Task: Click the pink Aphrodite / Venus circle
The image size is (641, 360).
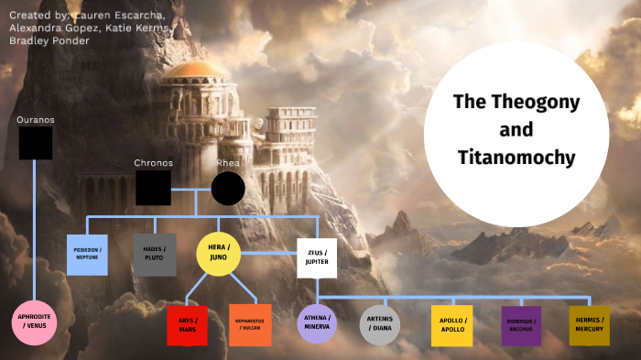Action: [34, 322]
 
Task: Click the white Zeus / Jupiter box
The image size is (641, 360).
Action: [316, 257]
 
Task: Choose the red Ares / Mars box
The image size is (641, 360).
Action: [188, 325]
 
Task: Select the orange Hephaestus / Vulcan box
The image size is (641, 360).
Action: [249, 325]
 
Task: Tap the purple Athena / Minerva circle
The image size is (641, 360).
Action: [317, 324]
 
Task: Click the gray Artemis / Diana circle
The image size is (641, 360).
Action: [380, 325]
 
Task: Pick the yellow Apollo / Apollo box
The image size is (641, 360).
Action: [451, 325]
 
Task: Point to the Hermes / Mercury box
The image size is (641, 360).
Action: [589, 325]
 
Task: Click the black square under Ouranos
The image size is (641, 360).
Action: [36, 143]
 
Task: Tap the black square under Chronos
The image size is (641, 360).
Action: [153, 188]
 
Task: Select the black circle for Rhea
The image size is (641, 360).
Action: [228, 189]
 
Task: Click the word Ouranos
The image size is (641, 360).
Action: [36, 120]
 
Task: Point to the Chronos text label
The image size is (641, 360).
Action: [153, 163]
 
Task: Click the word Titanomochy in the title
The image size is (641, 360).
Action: [517, 158]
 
